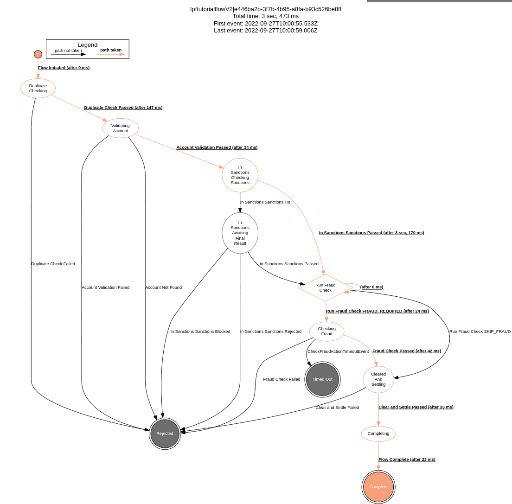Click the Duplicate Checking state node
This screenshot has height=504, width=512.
tap(38, 88)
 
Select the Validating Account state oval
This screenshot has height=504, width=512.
tap(121, 128)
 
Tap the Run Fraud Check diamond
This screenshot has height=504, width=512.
tap(326, 287)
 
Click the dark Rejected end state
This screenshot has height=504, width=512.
tap(165, 434)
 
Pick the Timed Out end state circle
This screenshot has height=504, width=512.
tap(322, 379)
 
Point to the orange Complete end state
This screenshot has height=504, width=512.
tap(378, 487)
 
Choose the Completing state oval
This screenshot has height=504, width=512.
tap(378, 434)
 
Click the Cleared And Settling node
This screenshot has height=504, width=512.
tap(378, 379)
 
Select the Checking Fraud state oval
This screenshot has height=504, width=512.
tap(326, 332)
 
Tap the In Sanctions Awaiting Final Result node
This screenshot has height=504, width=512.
tap(240, 233)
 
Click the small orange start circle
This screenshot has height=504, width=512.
tap(38, 54)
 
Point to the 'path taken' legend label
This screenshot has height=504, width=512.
tap(111, 50)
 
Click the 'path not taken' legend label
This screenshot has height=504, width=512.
tap(68, 51)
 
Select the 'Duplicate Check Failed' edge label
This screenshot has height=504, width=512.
tap(53, 264)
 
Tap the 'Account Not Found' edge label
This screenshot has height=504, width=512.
tap(163, 287)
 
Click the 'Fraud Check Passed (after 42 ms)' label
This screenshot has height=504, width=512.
tap(407, 351)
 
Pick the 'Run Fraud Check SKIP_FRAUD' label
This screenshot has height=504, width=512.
tap(480, 332)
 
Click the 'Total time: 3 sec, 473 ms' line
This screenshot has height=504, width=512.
tap(266, 16)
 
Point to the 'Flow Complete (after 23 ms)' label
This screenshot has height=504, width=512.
tap(407, 459)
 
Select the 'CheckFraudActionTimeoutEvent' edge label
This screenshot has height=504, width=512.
tap(338, 351)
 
